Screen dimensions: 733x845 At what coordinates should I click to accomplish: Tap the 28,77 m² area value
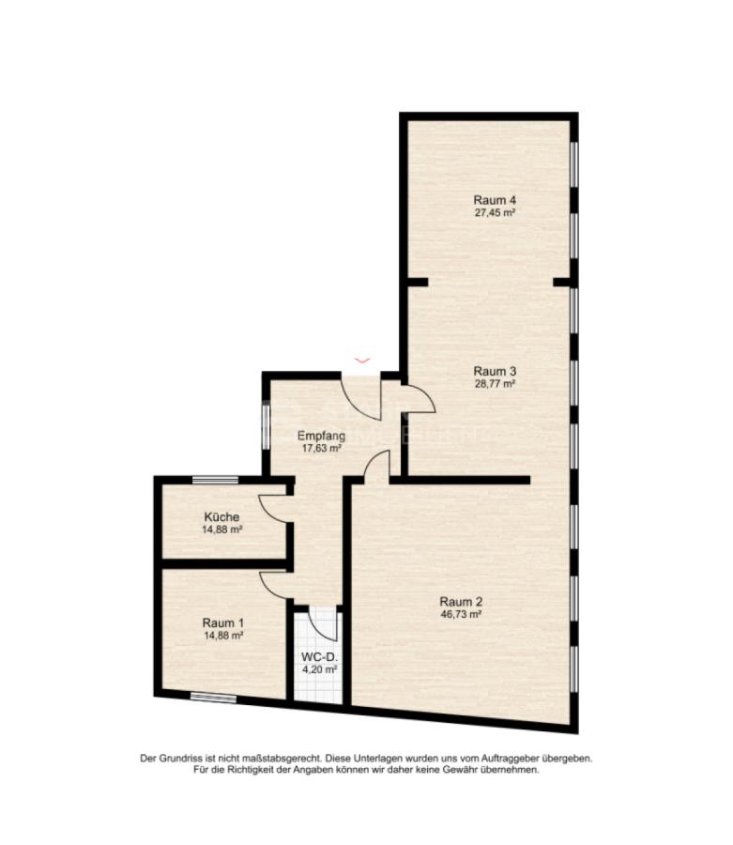tap(495, 384)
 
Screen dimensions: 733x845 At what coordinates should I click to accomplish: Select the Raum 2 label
tap(461, 602)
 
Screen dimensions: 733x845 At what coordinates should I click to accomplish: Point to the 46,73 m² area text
tap(461, 614)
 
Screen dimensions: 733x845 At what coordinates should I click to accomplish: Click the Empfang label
tap(322, 436)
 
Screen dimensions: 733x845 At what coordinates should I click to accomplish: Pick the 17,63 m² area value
tap(322, 448)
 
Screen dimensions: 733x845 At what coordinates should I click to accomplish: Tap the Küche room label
tap(221, 516)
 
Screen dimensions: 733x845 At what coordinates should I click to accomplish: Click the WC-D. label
tap(319, 657)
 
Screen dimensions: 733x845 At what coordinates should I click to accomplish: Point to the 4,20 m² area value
tap(319, 669)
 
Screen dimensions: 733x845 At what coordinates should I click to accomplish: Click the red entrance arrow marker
tap(362, 360)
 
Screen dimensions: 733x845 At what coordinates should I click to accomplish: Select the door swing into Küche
tap(274, 509)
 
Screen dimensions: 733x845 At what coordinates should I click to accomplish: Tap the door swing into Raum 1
tap(275, 584)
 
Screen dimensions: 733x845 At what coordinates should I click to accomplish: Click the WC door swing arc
tap(324, 625)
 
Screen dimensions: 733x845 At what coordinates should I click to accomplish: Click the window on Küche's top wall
tap(216, 479)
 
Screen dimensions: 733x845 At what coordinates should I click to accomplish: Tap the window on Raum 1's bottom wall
tap(213, 698)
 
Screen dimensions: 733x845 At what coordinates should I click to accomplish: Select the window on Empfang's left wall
tap(266, 425)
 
